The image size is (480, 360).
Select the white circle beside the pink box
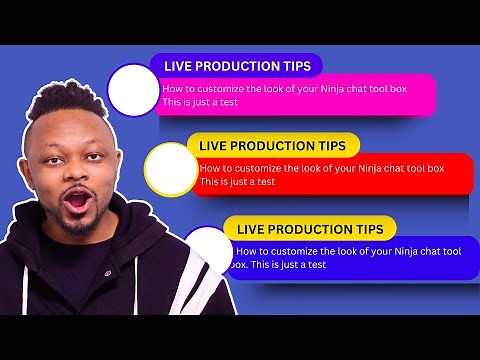click(x=133, y=90)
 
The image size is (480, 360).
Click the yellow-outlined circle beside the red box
click(x=170, y=168)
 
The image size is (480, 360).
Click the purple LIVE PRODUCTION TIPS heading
click(x=236, y=66)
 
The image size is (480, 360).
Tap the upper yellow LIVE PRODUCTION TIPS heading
click(x=272, y=145)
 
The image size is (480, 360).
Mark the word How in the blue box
click(x=246, y=251)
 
